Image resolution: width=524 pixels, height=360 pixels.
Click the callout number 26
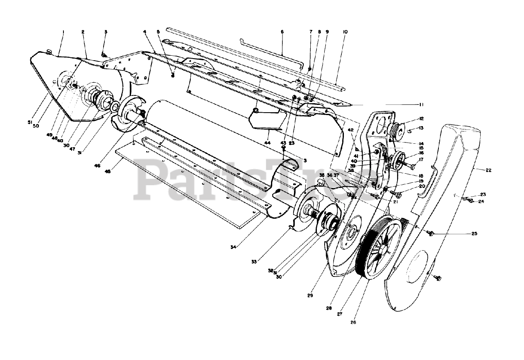click(x=353, y=322)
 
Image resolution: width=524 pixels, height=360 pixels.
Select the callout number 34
click(x=233, y=247)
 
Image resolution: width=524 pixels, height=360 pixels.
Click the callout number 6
click(x=282, y=32)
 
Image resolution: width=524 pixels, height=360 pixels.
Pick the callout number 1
click(x=63, y=32)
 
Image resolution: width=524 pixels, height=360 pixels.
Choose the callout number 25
click(x=474, y=233)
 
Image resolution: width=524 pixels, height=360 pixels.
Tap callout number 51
click(x=30, y=122)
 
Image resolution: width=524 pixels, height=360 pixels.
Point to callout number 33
click(x=254, y=261)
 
